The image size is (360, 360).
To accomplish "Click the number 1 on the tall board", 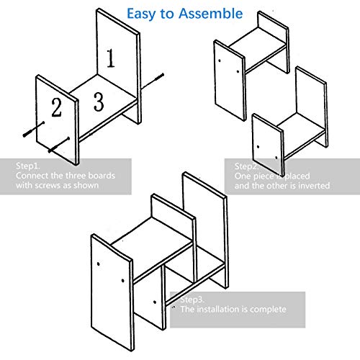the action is click(111, 58).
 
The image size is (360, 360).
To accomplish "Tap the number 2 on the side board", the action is click(56, 107).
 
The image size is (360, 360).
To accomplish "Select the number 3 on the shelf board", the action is click(99, 102).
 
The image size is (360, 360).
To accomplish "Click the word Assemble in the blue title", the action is click(210, 14).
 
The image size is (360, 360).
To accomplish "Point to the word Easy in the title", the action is click(141, 14).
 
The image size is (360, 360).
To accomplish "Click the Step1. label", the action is click(27, 166).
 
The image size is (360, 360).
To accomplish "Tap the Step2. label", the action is click(246, 166).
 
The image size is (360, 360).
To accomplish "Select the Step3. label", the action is click(192, 300).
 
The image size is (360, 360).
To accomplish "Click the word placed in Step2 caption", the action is click(297, 176).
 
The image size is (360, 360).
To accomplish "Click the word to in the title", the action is click(167, 14).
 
